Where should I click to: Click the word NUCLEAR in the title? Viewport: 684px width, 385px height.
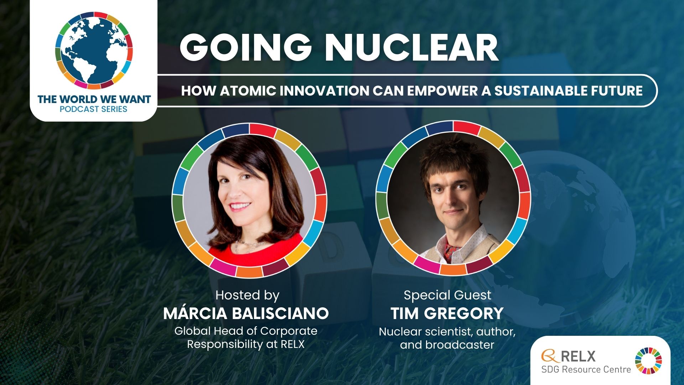tap(411, 48)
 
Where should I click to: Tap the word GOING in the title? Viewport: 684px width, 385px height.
tap(246, 48)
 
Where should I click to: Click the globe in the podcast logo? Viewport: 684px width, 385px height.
tap(94, 50)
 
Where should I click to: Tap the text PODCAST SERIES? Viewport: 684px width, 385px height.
tap(94, 109)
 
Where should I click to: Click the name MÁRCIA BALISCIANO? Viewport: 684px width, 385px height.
tap(246, 313)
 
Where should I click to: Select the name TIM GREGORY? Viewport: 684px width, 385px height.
tap(447, 314)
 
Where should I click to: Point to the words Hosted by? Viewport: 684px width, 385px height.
tap(247, 296)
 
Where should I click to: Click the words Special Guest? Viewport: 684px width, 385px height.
tap(447, 295)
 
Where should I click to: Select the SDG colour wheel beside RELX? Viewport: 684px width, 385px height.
tap(648, 361)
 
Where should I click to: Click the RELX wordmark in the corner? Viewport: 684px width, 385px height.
tap(578, 356)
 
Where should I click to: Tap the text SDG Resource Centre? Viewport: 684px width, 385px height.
tap(586, 369)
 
